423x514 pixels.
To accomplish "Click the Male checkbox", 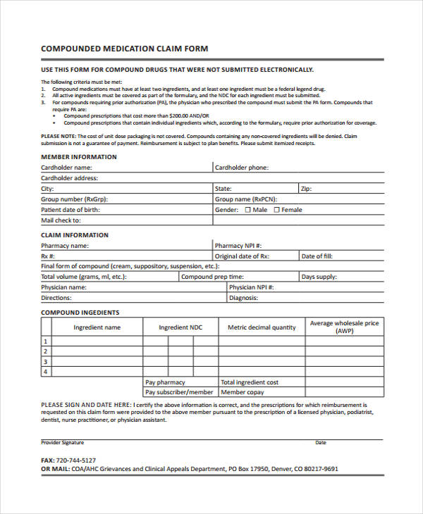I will (x=247, y=210).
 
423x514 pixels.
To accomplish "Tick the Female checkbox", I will (x=276, y=210).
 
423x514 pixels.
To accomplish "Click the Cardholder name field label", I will (x=66, y=168).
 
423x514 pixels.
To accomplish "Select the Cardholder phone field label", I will (x=241, y=168).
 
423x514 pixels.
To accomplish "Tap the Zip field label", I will (x=306, y=189).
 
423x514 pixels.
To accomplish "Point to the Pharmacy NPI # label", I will (x=238, y=246).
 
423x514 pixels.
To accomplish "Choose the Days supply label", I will (x=319, y=277).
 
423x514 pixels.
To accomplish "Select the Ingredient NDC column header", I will (x=180, y=327).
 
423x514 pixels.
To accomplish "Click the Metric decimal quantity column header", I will (x=262, y=327).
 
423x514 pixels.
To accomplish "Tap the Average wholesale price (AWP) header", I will (x=345, y=327).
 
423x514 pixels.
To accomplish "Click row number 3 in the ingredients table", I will (x=46, y=361).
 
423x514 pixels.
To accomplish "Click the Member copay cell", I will (x=243, y=392).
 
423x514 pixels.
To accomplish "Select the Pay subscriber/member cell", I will (x=179, y=392).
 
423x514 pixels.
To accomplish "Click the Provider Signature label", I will (x=62, y=442).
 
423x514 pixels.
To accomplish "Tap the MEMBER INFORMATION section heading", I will (x=78, y=156).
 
